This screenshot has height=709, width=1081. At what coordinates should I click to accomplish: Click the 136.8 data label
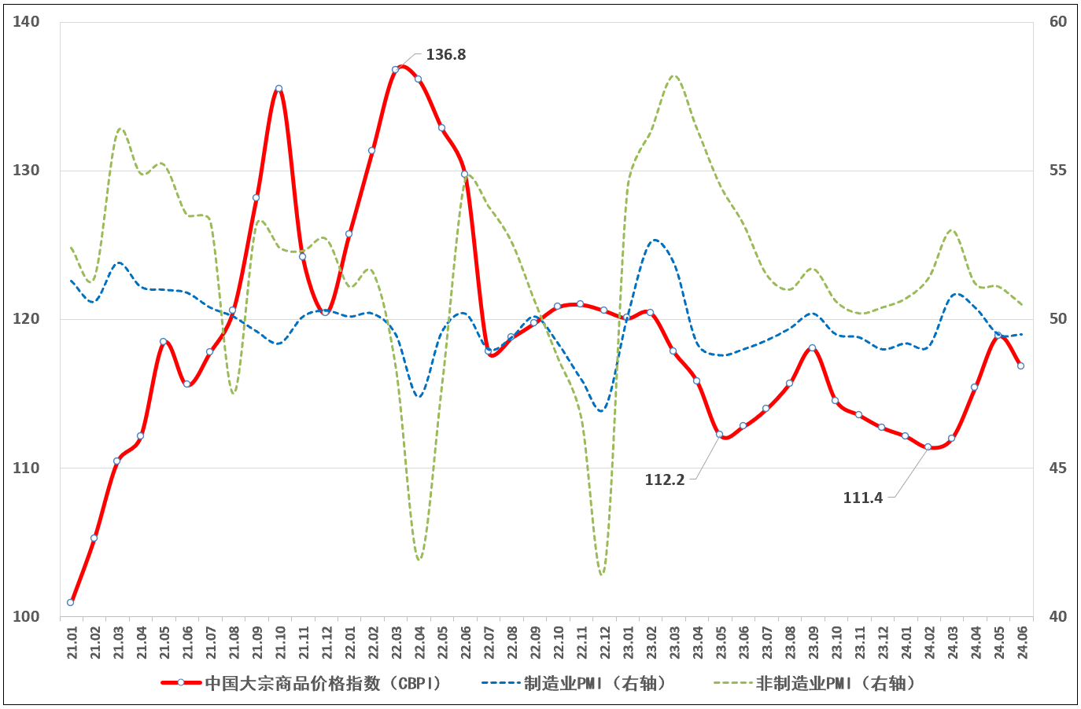tap(445, 55)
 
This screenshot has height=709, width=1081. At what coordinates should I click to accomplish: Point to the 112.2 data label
tap(664, 479)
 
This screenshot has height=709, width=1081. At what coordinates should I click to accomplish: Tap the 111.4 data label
tap(862, 498)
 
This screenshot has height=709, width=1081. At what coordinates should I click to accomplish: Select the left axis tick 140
tap(26, 22)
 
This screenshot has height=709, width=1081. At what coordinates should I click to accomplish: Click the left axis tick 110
tap(26, 468)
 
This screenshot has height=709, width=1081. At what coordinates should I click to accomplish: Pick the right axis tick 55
tap(1058, 171)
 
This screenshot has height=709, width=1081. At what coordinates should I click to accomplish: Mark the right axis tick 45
tap(1058, 468)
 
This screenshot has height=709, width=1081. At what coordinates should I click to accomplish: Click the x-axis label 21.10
tap(280, 643)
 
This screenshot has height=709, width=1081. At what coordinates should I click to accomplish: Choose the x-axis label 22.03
tap(396, 643)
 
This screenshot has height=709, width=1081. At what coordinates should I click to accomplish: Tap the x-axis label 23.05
tap(721, 643)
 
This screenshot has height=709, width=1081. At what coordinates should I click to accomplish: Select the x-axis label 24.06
tap(1022, 643)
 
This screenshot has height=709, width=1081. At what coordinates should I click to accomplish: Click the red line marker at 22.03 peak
tap(395, 69)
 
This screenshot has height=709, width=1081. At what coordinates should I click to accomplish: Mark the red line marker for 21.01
tap(71, 602)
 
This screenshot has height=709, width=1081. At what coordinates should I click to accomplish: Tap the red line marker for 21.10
tap(279, 89)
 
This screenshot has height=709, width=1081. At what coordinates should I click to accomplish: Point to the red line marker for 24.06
tap(1020, 366)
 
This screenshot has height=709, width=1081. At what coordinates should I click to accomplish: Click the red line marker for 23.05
tap(719, 434)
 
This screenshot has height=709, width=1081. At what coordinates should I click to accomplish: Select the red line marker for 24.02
tap(928, 446)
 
